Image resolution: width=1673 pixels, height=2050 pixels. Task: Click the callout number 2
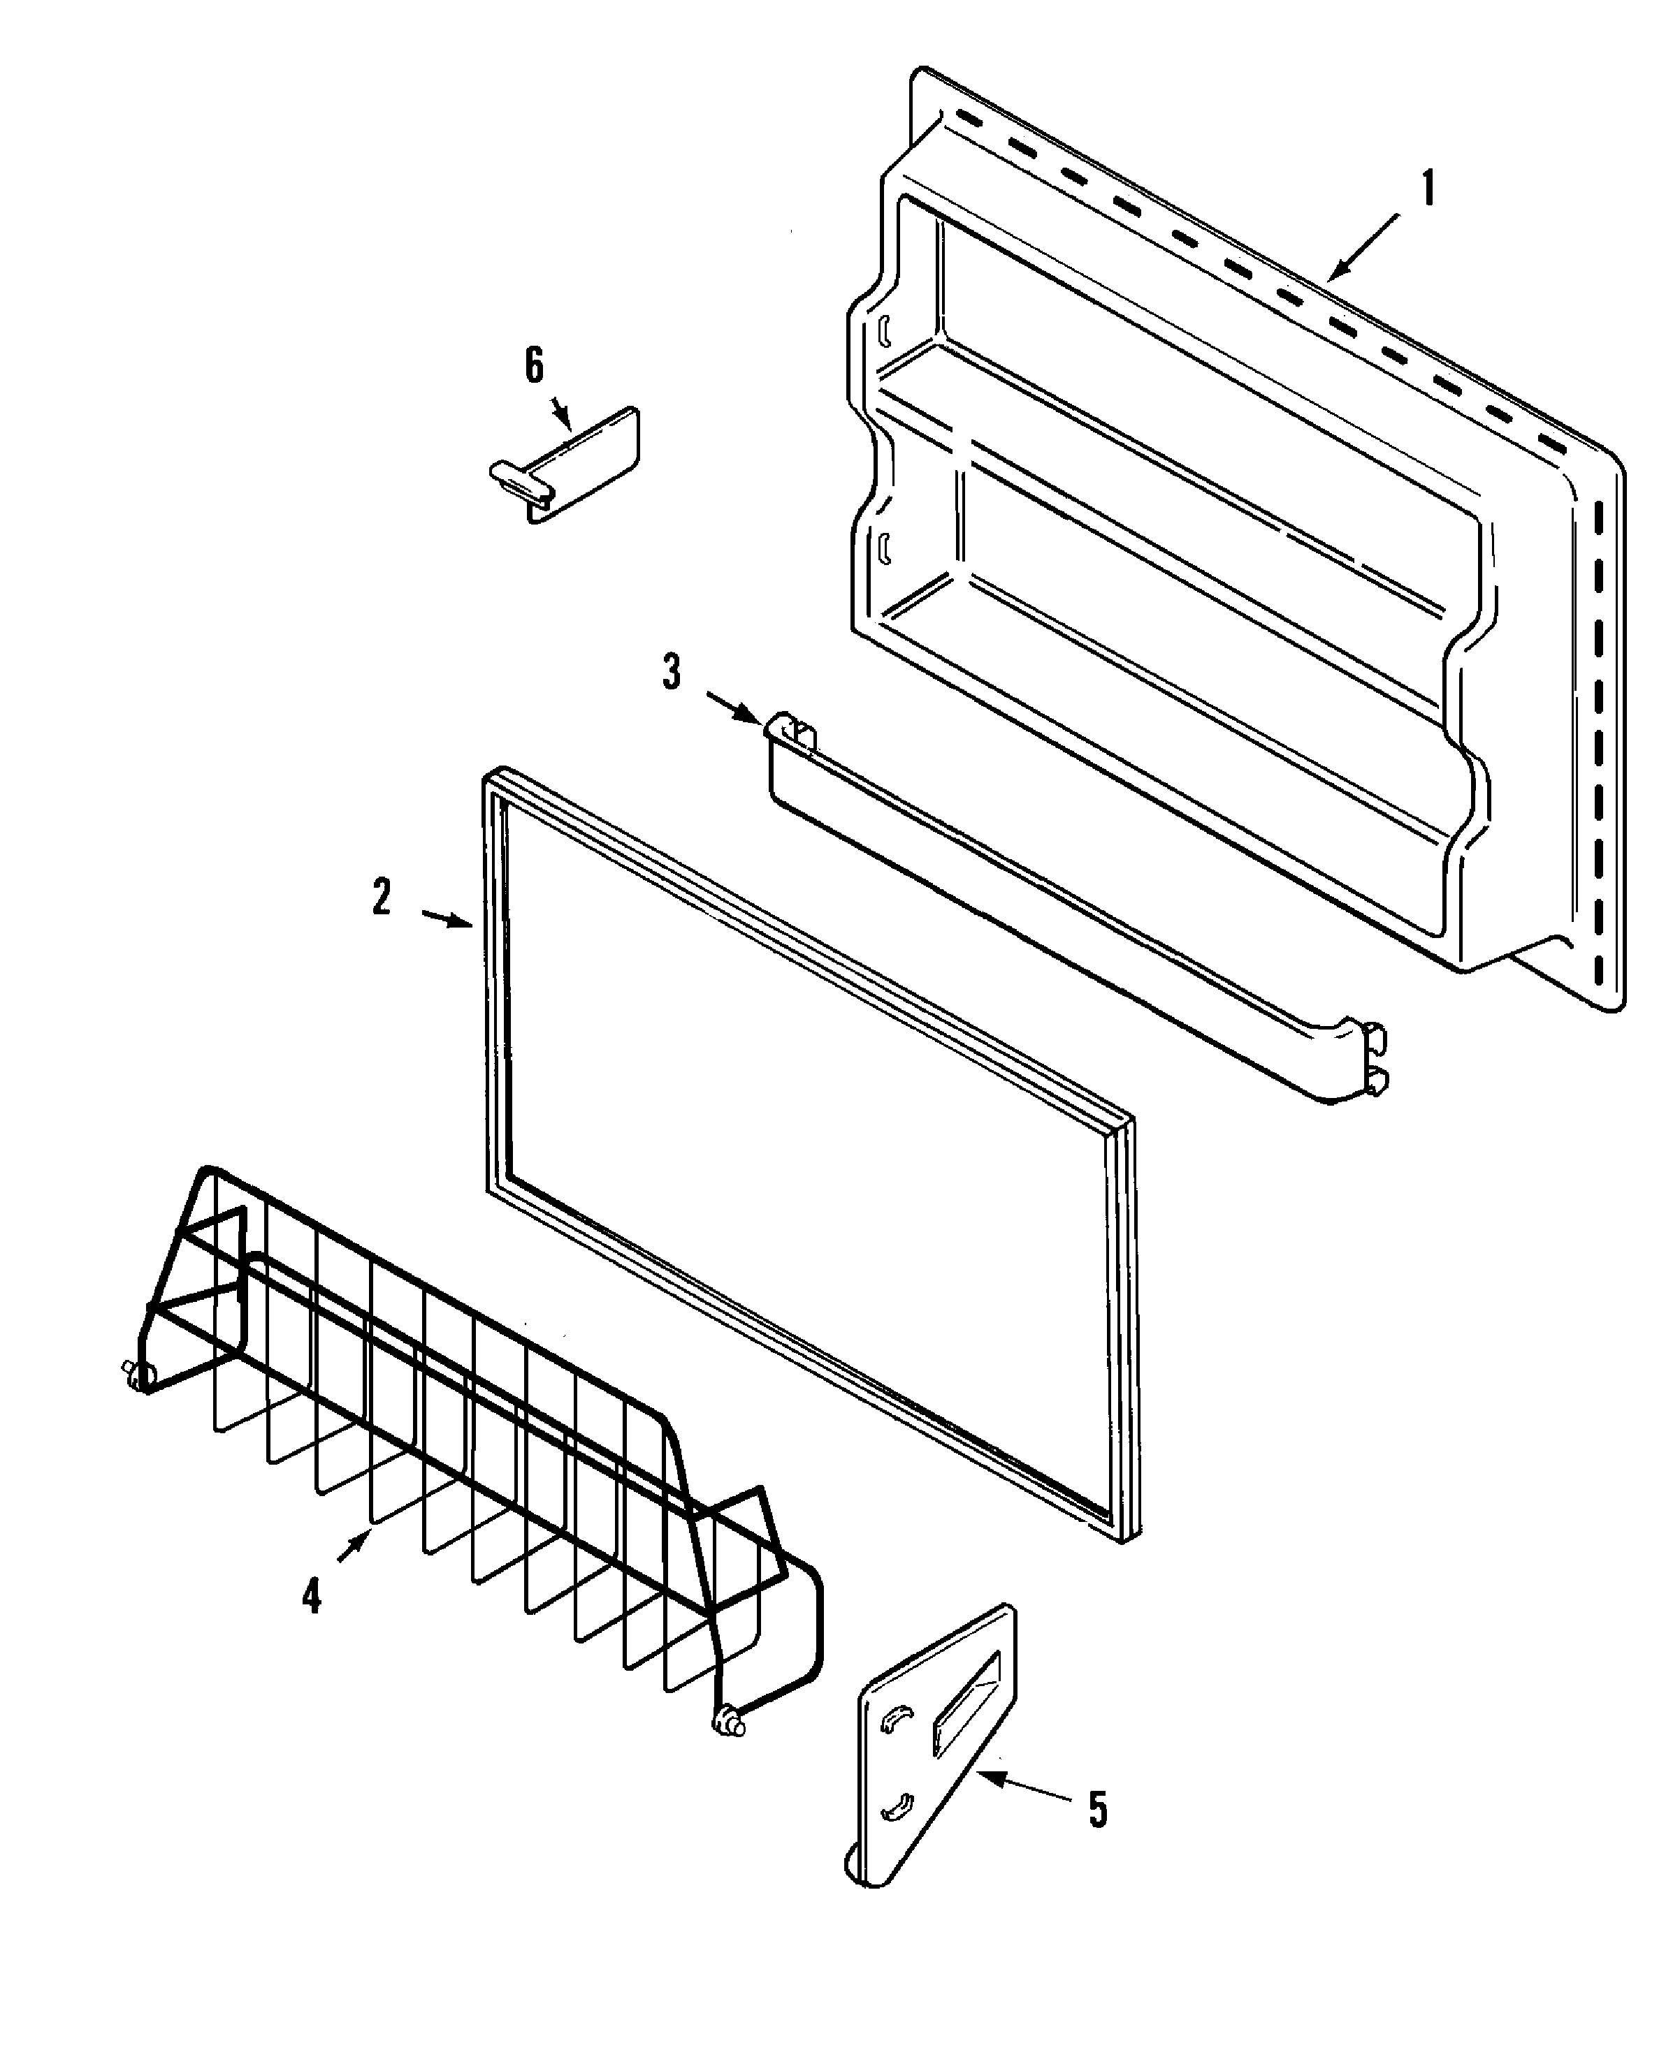tap(382, 898)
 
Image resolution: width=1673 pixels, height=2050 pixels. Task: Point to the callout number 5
tap(1098, 1810)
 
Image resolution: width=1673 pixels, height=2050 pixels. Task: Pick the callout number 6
tap(534, 366)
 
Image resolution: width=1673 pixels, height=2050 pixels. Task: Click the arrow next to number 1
tap(1363, 249)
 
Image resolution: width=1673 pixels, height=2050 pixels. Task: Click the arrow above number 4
tap(354, 1548)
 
